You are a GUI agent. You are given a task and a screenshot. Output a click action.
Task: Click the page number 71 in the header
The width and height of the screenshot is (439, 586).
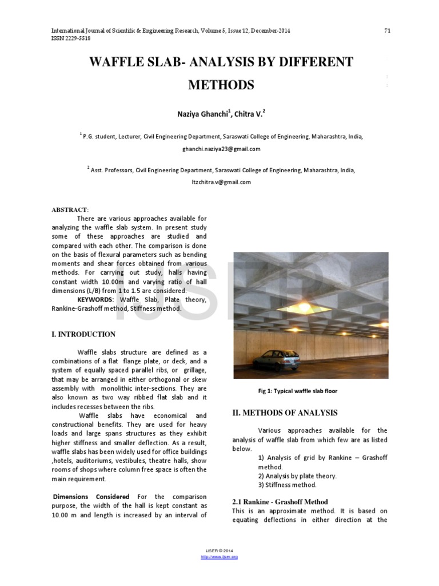pos(386,30)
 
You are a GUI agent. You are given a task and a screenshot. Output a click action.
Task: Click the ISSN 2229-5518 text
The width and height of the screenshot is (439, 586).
pos(71,38)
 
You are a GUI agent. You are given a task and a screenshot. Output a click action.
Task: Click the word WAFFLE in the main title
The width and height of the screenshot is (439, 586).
pos(117,62)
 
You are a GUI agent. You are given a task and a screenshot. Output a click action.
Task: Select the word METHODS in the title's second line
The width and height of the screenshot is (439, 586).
pos(221,85)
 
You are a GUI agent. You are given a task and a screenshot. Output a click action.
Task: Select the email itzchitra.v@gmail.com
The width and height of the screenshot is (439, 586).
pos(221,182)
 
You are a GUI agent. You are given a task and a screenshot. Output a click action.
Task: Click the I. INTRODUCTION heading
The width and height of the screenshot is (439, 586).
pos(83,334)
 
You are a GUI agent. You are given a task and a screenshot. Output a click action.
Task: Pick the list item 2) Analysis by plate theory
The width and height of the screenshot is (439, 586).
pos(297,476)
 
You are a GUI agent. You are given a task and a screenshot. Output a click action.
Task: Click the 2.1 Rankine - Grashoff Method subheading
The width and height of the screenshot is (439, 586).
pos(280,501)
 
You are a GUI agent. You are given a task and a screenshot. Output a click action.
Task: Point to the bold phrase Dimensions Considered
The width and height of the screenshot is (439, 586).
pos(91,496)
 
